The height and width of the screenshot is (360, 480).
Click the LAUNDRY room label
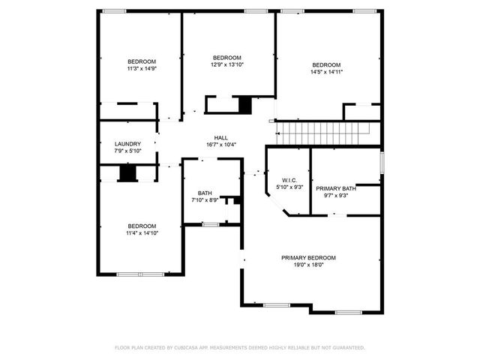tap(127, 144)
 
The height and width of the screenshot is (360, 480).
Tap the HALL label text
tap(221, 137)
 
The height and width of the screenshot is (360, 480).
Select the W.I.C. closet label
tap(290, 180)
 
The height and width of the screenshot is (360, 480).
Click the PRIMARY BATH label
tap(335, 188)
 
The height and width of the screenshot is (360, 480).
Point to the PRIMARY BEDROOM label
tap(308, 257)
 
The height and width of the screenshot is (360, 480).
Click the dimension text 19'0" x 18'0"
tap(308, 265)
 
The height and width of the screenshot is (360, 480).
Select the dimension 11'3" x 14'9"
tap(141, 69)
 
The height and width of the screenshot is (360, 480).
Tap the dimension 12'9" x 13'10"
tap(227, 65)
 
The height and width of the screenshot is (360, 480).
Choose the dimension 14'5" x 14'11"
tap(326, 72)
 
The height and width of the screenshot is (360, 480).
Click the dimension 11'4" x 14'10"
tap(142, 233)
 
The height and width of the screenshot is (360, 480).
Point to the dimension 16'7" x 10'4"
tap(221, 145)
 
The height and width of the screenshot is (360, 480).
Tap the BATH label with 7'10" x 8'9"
tap(205, 193)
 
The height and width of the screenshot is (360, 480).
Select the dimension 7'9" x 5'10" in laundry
tap(127, 151)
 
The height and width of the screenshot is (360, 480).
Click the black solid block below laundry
tap(129, 173)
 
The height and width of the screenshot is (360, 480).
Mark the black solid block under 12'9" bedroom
tap(244, 105)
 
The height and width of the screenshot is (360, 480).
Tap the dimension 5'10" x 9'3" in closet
tap(290, 187)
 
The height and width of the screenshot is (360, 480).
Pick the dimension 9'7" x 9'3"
tap(335, 196)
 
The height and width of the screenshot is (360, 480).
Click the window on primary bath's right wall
tap(382, 162)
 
